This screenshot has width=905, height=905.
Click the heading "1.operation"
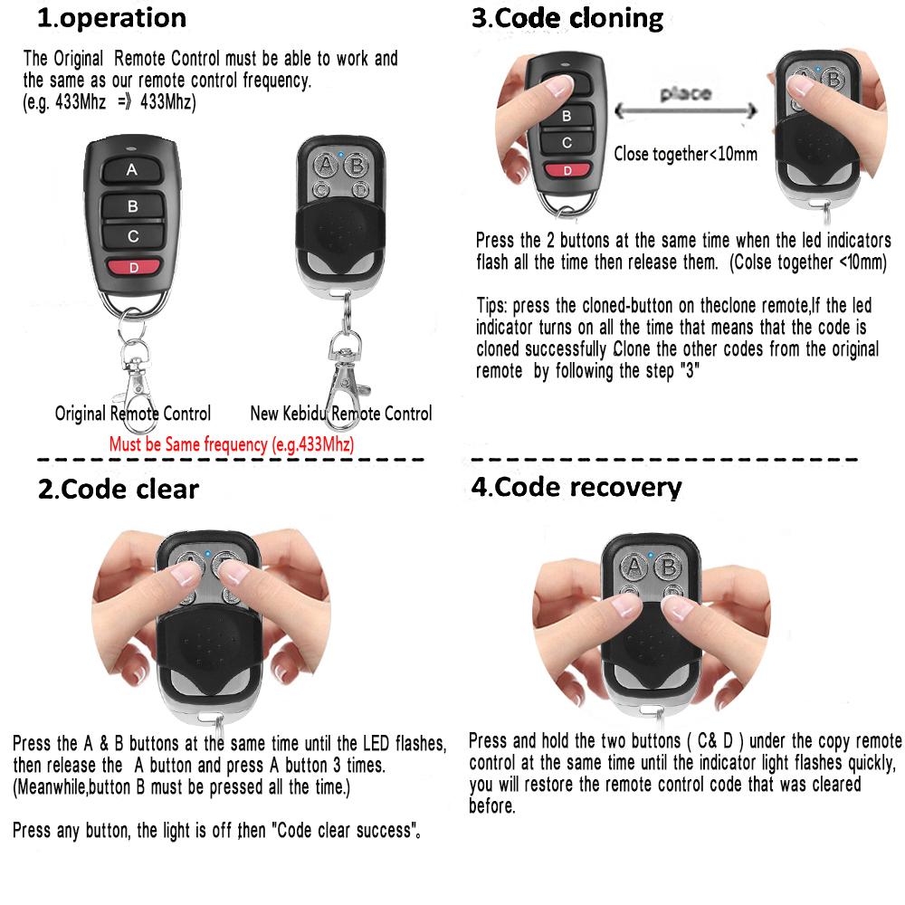point(110,18)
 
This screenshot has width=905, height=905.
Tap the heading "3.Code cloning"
point(567,18)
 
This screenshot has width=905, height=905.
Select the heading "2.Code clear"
point(118,490)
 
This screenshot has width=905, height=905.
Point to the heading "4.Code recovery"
point(576,487)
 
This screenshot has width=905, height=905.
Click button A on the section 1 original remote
point(132,169)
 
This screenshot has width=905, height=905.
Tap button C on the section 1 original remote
point(132,237)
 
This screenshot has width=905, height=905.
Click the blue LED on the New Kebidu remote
point(339,154)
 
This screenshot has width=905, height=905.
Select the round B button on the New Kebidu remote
point(357,166)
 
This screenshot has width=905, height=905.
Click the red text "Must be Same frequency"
point(231,444)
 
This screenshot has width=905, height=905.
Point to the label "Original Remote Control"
point(133,414)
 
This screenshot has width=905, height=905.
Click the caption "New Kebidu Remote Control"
point(341,414)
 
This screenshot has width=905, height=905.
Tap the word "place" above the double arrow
point(685,93)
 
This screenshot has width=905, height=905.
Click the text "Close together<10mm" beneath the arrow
point(685,154)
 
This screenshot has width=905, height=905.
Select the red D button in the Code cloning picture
point(567,170)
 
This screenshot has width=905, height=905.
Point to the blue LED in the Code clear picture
point(208,553)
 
